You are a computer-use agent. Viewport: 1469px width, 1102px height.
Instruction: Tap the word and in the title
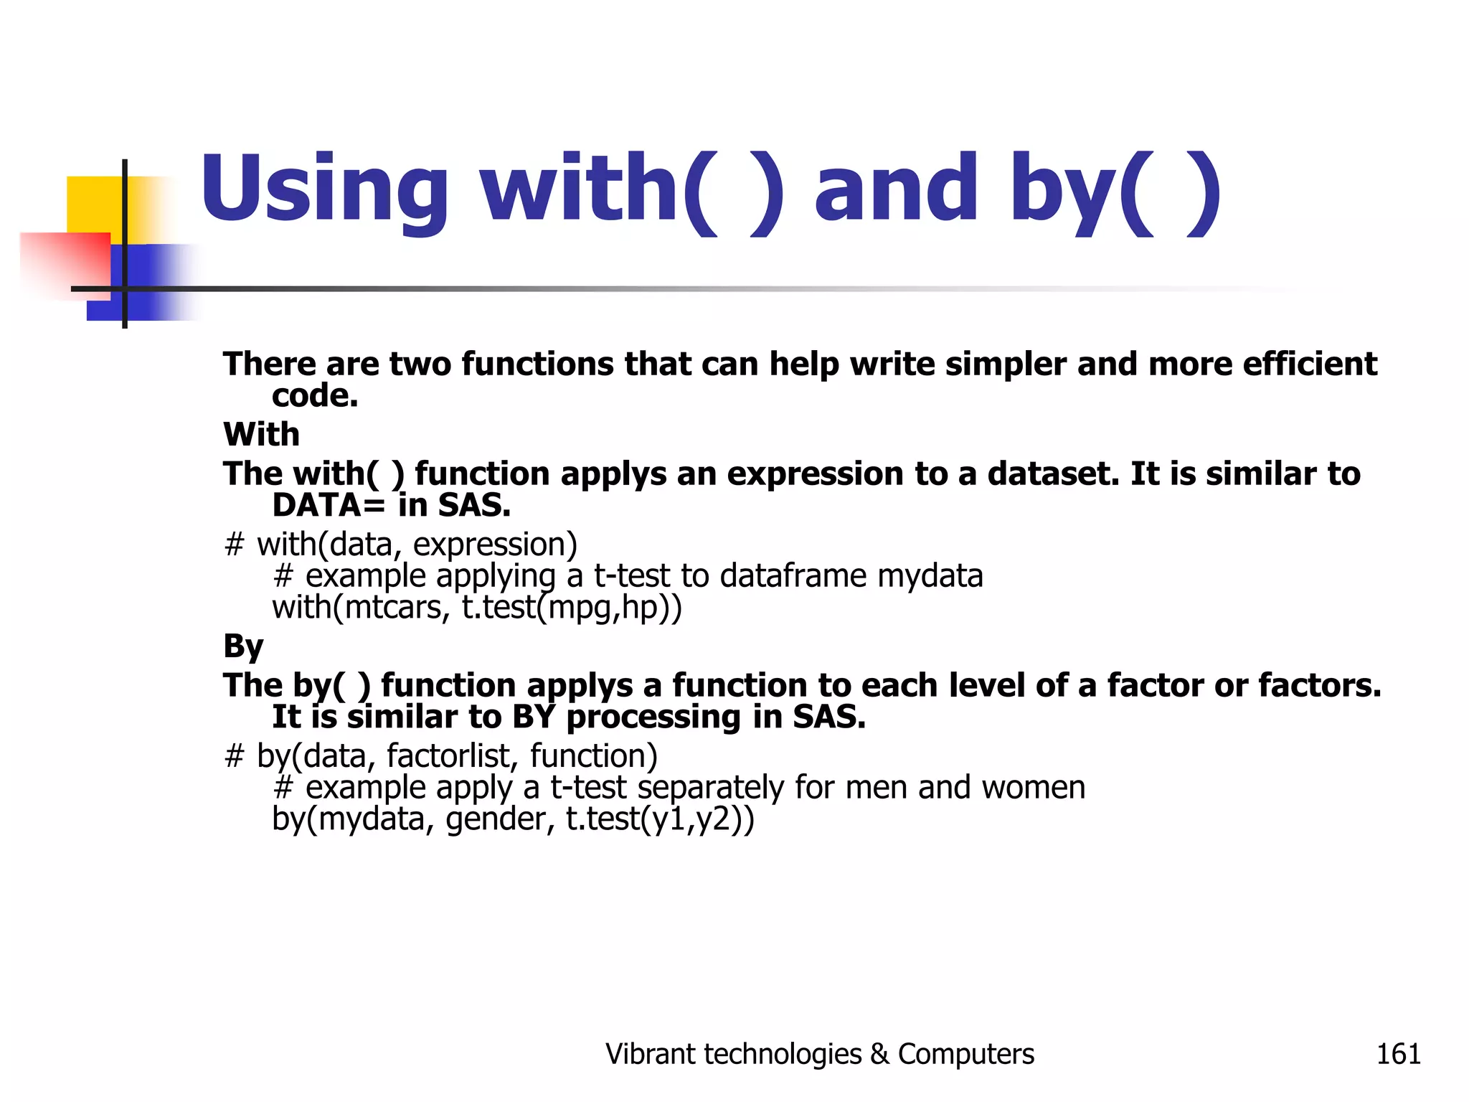(896, 188)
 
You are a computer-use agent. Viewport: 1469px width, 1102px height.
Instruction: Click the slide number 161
(1398, 1054)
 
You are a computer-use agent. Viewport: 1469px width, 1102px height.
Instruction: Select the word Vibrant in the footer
(650, 1054)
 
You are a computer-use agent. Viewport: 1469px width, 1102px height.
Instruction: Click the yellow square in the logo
(93, 204)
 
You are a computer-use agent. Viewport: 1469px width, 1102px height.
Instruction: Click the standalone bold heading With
(261, 435)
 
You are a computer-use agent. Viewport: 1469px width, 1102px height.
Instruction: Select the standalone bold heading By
(243, 646)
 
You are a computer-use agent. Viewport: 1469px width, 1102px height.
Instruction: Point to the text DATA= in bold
(329, 506)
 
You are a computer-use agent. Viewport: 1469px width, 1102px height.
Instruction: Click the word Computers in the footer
(965, 1054)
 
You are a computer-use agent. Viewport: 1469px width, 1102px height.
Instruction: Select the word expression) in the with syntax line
(495, 545)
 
